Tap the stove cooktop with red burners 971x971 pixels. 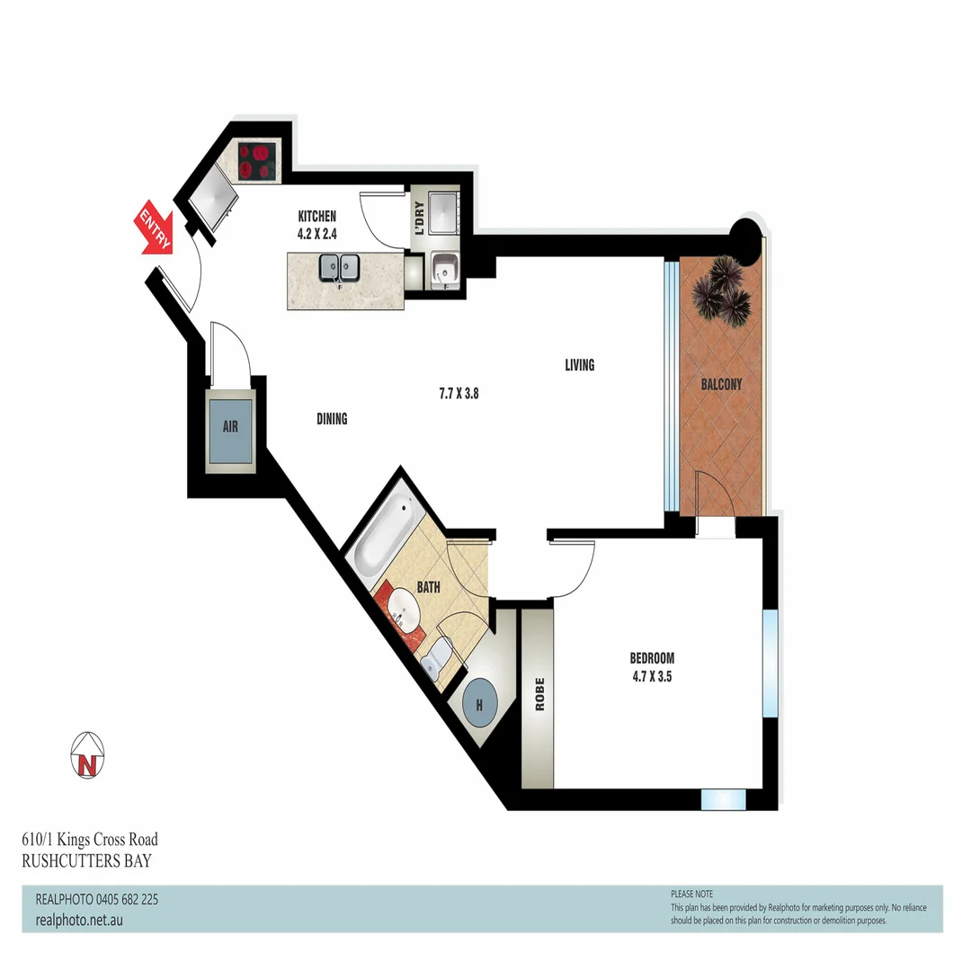[x=258, y=161]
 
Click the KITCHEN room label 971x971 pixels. [x=316, y=217]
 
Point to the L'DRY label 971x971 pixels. [x=418, y=217]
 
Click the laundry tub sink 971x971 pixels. [x=443, y=267]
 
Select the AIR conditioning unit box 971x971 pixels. [x=230, y=426]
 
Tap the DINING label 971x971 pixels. [x=332, y=419]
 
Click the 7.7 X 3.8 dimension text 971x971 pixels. [x=458, y=393]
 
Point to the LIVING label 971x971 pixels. [x=580, y=365]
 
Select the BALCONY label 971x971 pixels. [x=721, y=385]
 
